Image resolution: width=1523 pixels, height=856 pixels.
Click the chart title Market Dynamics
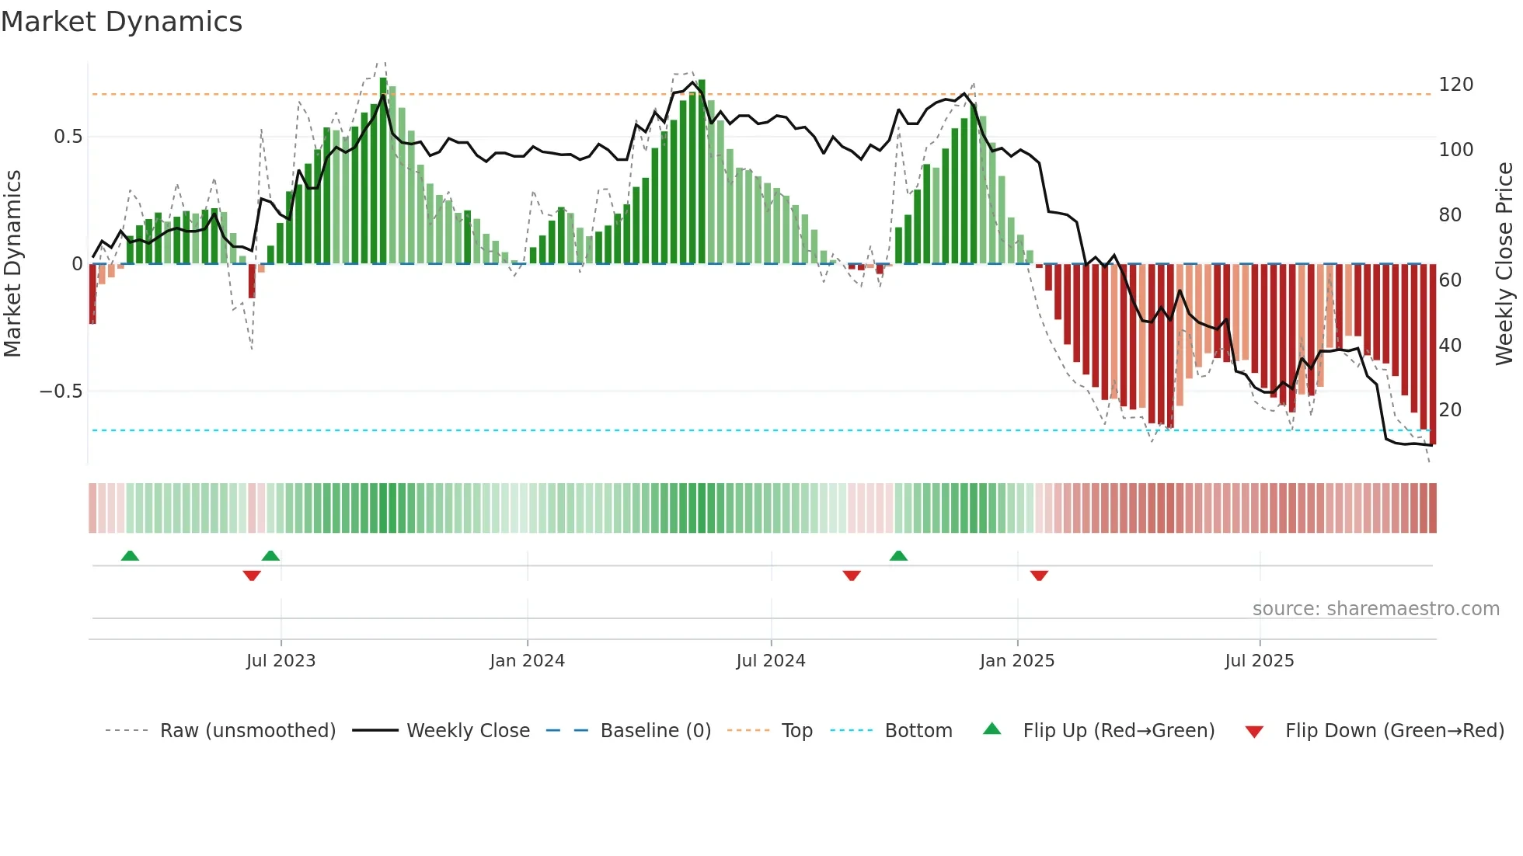(121, 22)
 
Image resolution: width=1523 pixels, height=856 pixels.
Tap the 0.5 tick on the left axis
(68, 137)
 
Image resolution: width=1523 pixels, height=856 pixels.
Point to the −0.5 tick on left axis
(61, 391)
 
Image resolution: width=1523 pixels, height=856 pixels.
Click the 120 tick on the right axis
(1455, 85)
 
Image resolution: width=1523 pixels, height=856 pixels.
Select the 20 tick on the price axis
(1450, 409)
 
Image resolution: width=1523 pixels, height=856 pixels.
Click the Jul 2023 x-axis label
(281, 661)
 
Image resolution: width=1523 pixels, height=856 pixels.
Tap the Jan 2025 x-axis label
(1016, 661)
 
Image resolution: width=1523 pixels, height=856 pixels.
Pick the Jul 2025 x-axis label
(1259, 661)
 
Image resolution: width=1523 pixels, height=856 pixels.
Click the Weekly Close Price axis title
(1504, 264)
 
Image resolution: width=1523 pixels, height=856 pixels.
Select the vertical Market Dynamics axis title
(12, 264)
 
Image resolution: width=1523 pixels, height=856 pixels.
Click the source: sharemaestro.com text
(1375, 609)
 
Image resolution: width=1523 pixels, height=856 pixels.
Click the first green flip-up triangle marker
(130, 556)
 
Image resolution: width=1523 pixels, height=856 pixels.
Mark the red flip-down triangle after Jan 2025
(1039, 576)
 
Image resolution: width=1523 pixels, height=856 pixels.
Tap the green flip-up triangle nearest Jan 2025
(898, 556)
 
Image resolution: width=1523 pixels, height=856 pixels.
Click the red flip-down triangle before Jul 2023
(251, 576)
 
